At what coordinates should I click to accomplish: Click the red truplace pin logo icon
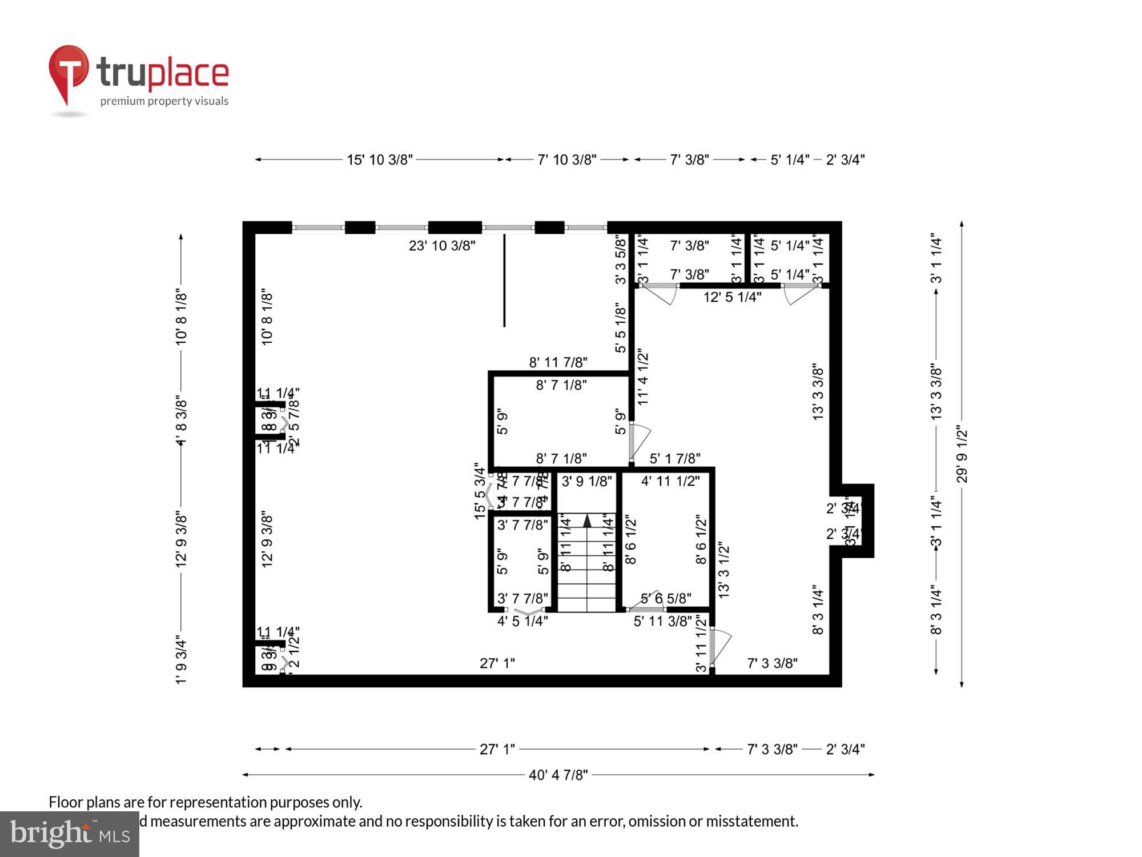(69, 71)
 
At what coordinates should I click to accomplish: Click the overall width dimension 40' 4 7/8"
(558, 775)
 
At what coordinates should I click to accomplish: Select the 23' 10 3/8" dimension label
(441, 246)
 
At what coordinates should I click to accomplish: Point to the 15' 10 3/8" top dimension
(379, 159)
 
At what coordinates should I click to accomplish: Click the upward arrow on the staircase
(587, 520)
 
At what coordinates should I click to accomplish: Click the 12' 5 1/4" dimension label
(732, 297)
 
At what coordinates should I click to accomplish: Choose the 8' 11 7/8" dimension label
(558, 362)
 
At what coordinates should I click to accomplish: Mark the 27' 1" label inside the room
(497, 663)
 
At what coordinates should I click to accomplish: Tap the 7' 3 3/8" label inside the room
(772, 663)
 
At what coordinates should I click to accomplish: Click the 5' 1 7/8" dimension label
(675, 459)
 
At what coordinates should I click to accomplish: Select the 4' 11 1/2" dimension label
(670, 481)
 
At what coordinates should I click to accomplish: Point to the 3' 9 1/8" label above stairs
(586, 481)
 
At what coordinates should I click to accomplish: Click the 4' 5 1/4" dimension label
(522, 621)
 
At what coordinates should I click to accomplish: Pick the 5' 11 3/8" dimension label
(662, 621)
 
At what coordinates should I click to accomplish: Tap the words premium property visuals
(164, 101)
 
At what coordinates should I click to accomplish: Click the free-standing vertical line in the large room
(504, 280)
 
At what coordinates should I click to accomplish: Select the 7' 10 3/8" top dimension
(566, 159)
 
